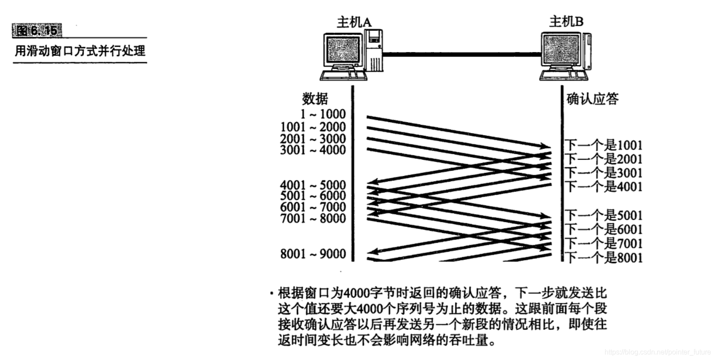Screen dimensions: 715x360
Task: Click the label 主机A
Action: [354, 22]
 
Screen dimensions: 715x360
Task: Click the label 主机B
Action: [566, 21]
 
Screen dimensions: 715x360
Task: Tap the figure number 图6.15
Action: [37, 30]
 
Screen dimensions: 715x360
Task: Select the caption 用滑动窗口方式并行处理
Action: [80, 51]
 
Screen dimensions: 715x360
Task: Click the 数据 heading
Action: [315, 99]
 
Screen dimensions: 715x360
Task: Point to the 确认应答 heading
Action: [592, 99]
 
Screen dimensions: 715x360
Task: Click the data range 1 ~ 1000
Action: [322, 114]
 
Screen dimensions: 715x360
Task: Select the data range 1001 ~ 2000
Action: [313, 127]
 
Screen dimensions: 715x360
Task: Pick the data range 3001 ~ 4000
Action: [313, 150]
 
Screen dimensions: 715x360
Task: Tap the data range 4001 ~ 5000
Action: [313, 185]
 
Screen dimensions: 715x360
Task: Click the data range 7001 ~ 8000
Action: [313, 218]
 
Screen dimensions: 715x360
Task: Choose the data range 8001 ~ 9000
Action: [313, 254]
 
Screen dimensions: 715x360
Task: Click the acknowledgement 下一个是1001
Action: [603, 145]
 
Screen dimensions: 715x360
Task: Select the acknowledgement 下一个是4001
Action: [603, 187]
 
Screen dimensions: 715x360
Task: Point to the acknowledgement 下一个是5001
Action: [603, 215]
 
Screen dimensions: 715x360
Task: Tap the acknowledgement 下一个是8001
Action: [603, 257]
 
